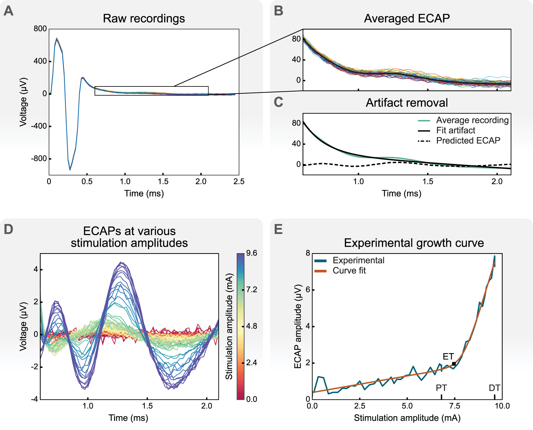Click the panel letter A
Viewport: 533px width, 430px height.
[8, 11]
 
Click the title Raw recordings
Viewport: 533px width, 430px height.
[144, 19]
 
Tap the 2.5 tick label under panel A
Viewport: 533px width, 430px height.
[239, 182]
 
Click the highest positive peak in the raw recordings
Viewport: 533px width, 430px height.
[57, 39]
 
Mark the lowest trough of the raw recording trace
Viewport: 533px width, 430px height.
[70, 169]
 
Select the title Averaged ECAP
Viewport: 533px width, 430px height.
[407, 19]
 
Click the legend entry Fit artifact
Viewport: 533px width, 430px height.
[455, 130]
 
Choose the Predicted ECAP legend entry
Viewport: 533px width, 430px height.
[468, 140]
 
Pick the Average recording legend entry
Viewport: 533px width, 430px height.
[472, 120]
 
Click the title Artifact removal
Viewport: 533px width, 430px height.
[407, 102]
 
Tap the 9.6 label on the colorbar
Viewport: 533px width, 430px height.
[252, 253]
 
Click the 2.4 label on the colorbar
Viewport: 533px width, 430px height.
[252, 362]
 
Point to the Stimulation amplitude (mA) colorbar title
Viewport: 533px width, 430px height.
[229, 326]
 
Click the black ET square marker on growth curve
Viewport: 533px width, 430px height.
[454, 364]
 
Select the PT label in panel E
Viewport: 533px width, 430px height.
[441, 388]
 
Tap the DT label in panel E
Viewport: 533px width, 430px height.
[494, 388]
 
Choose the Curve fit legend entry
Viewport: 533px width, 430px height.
[349, 271]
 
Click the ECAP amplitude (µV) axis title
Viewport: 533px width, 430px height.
[298, 326]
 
